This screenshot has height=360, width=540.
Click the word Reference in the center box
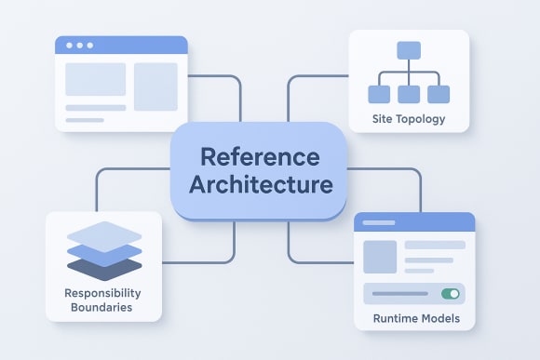coord(260,155)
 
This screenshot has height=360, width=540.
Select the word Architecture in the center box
coord(260,184)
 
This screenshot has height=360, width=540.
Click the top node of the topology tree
coord(410,50)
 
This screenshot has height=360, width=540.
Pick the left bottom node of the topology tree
coord(379,93)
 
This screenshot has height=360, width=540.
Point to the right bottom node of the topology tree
coord(439,93)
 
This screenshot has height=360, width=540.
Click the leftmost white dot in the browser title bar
coord(68,45)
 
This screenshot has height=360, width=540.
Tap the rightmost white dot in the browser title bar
coord(91,45)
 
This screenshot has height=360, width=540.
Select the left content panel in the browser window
coord(95,79)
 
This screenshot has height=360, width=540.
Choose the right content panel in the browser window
coord(155,86)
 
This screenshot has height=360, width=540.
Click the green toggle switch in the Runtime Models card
coord(451,293)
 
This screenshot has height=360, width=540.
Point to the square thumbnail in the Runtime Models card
coord(379,257)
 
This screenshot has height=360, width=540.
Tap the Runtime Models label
coord(414,319)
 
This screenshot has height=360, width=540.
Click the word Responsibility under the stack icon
coord(103,293)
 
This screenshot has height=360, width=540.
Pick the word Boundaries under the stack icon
coord(103,307)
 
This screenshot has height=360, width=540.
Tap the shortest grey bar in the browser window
coord(84,120)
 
